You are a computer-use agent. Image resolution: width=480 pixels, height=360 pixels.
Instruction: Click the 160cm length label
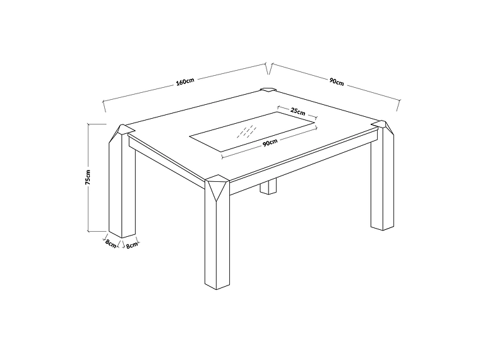(185, 81)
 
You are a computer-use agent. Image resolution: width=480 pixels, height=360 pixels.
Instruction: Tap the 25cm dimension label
(297, 110)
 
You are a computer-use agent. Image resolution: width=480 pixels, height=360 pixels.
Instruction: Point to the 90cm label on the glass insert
(270, 143)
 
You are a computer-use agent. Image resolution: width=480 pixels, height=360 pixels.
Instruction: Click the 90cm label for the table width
(336, 81)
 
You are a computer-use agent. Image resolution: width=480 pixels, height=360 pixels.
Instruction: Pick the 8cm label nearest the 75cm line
(111, 244)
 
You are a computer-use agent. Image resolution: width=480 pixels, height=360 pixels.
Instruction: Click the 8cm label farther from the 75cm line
(131, 245)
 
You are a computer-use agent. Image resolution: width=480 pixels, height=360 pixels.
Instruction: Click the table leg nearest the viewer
(217, 240)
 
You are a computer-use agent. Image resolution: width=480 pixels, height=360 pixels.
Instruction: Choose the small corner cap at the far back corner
(267, 89)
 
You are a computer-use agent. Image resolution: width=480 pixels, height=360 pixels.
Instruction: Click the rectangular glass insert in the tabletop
(253, 131)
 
